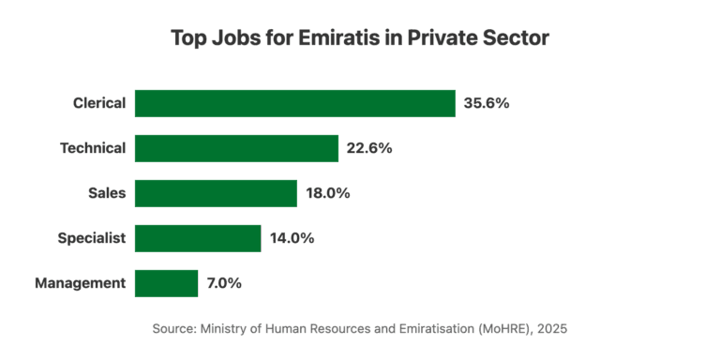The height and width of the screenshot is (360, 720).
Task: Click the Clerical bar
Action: tap(294, 103)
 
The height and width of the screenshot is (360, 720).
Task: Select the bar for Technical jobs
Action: tap(236, 148)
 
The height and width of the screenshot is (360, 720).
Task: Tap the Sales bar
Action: tap(216, 193)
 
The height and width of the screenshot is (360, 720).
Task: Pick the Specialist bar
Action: tap(198, 238)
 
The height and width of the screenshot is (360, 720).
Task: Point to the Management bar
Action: tap(166, 283)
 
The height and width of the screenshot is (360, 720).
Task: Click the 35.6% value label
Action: tap(487, 103)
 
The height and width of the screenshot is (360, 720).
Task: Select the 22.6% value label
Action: tap(369, 148)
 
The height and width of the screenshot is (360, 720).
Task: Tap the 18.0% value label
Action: tap(328, 193)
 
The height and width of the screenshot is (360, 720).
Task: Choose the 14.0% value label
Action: tap(292, 238)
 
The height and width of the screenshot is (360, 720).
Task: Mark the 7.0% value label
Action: tap(225, 283)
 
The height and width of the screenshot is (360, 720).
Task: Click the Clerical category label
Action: tap(98, 103)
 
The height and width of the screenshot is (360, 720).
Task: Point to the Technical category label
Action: tap(92, 148)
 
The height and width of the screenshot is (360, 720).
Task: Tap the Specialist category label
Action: tap(91, 238)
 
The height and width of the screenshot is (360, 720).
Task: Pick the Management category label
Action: tap(80, 283)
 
